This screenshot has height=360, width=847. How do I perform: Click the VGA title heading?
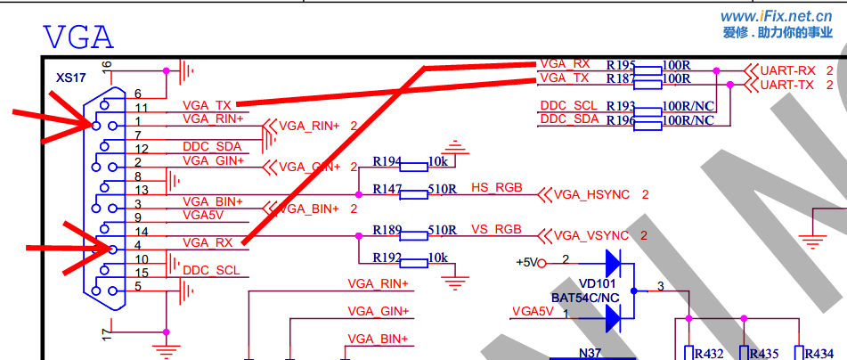pyautogui.click(x=78, y=37)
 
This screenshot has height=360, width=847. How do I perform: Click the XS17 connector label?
pyautogui.click(x=70, y=78)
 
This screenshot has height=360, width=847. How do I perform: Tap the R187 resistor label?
pyautogui.click(x=621, y=79)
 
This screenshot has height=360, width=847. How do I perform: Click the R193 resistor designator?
pyautogui.click(x=621, y=106)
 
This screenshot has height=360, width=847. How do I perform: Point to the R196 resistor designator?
pyautogui.click(x=621, y=119)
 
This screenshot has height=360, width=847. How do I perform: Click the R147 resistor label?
pyautogui.click(x=387, y=189)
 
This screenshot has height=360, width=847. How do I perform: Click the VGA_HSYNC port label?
pyautogui.click(x=591, y=194)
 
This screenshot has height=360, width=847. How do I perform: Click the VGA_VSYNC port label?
pyautogui.click(x=591, y=235)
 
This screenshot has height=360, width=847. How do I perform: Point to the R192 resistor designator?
pyautogui.click(x=387, y=257)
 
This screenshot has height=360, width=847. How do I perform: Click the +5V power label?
pyautogui.click(x=529, y=262)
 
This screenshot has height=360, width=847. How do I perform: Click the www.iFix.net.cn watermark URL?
pyautogui.click(x=777, y=16)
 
